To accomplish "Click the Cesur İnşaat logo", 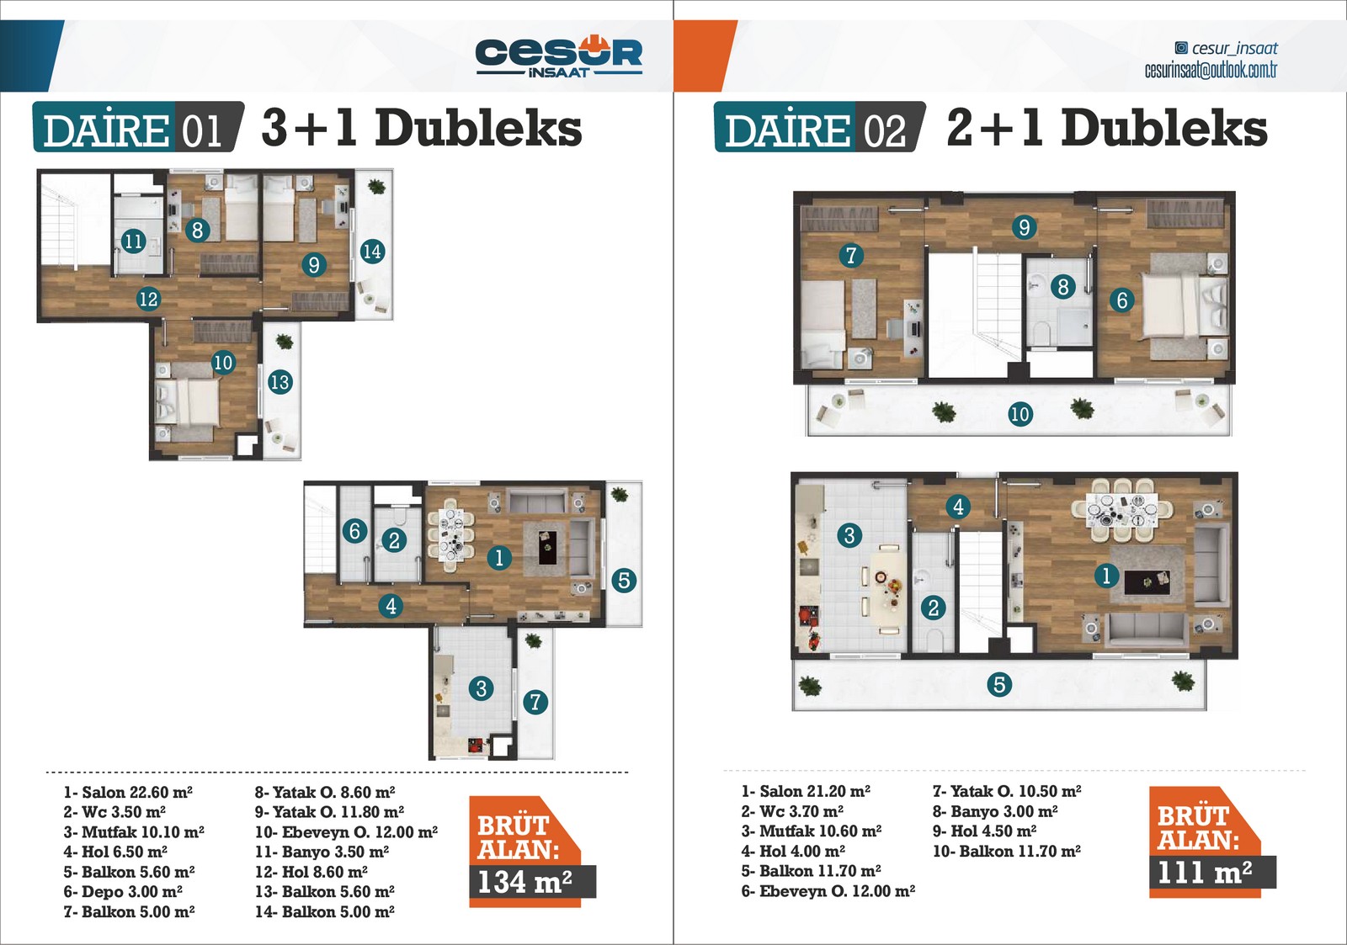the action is pos(559,56).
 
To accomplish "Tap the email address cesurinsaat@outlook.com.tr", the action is pos(1211,71).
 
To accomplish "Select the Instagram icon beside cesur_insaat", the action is pos(1181,47).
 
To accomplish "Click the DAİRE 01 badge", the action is pos(138,127).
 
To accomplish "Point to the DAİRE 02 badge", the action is pos(820,127).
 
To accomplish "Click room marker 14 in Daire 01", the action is pos(372,251).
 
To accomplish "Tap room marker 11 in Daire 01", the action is pos(134,241).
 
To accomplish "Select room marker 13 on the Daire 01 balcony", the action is pos(280,382).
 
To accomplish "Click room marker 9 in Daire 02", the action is pos(1024,226).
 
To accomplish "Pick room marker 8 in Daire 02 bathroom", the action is pos(1063,286).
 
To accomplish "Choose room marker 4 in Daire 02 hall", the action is pos(959,507).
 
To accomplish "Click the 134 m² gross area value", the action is pos(525,882).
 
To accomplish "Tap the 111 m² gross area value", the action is pos(1205,873).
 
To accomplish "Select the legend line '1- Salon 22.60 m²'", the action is pos(128,793).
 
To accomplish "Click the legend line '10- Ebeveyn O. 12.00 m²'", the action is pos(346,832).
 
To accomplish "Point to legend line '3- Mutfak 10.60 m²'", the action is pos(812,831).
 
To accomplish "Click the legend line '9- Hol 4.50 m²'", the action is pos(984,831).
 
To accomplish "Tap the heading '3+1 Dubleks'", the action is pos(422,127).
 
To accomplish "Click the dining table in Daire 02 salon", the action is pos(1122,510).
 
